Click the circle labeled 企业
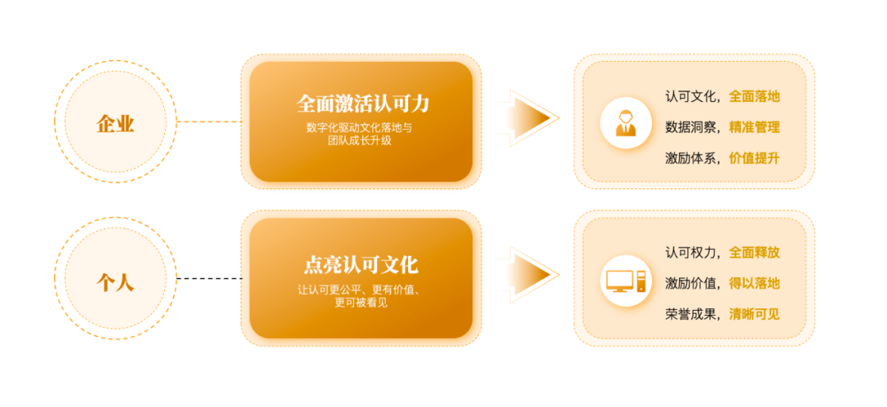coord(115,123)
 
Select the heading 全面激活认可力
coord(362,104)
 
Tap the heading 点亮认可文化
coord(361,265)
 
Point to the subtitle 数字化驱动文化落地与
coord(364,128)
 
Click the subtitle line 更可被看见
coord(361,303)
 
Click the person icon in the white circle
coord(626,123)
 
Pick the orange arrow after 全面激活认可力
coord(532,118)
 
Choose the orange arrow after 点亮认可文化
coord(532,274)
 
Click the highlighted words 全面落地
coord(754,96)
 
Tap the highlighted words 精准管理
coord(754,127)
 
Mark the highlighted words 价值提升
coord(754,159)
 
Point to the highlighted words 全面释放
coord(754,252)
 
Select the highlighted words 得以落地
coord(754,283)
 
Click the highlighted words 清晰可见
coord(754,314)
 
